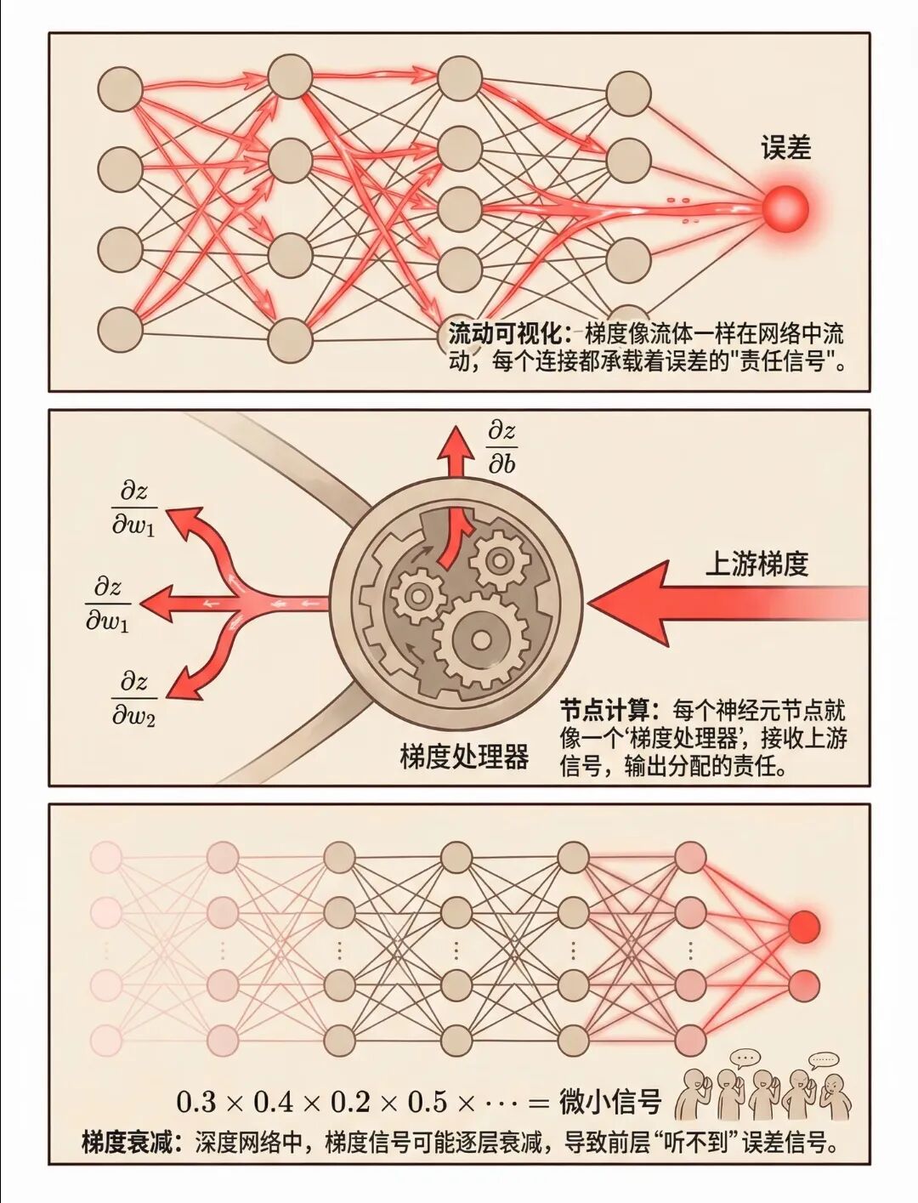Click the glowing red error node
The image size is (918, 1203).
pyautogui.click(x=784, y=208)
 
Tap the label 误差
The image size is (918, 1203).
pyautogui.click(x=785, y=149)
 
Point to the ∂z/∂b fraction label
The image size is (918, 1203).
pyautogui.click(x=501, y=447)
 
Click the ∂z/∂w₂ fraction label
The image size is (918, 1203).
pyautogui.click(x=134, y=699)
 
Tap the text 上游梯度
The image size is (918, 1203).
pyautogui.click(x=756, y=564)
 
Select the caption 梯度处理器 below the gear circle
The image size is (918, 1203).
pyautogui.click(x=464, y=756)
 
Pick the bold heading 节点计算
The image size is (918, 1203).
pyautogui.click(x=605, y=710)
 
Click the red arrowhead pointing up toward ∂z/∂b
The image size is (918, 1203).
pyautogui.click(x=456, y=442)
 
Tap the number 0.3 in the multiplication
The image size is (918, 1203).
pyautogui.click(x=196, y=1102)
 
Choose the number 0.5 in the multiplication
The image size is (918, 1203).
pyautogui.click(x=428, y=1102)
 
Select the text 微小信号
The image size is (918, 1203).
pyautogui.click(x=610, y=1102)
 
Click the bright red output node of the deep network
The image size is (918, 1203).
pyautogui.click(x=804, y=926)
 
